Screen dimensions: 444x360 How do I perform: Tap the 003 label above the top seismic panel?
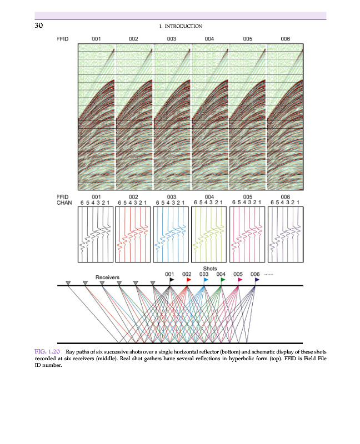click(x=171, y=39)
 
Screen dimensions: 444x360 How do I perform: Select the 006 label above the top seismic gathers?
click(x=286, y=39)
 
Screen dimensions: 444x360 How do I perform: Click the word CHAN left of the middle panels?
click(x=66, y=203)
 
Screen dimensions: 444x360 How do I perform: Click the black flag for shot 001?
click(x=172, y=280)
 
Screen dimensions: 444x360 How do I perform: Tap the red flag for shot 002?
click(x=189, y=280)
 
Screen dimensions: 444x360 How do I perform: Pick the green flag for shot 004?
click(x=223, y=280)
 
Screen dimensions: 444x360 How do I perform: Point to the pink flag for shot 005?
click(x=240, y=280)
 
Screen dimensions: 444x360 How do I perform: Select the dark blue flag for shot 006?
click(x=257, y=280)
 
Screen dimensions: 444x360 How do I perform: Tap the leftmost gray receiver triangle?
click(x=68, y=283)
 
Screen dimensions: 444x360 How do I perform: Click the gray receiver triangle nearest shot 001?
click(x=153, y=283)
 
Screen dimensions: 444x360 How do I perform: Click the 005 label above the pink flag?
click(x=238, y=274)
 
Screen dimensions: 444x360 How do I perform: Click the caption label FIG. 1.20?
click(x=47, y=352)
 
